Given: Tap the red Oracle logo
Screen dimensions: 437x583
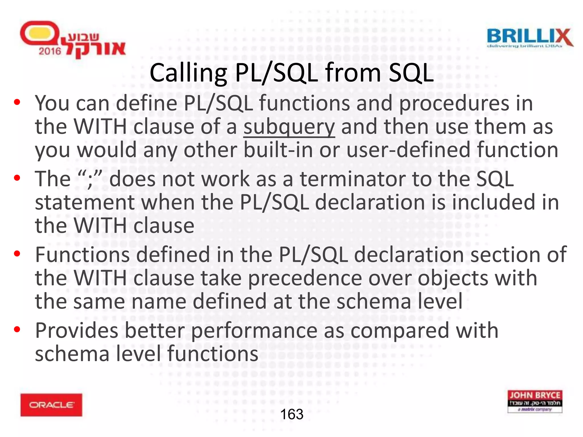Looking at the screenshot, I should click(x=51, y=405).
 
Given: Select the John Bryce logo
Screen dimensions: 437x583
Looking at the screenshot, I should click(x=535, y=401).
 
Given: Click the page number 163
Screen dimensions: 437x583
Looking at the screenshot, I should click(x=292, y=414).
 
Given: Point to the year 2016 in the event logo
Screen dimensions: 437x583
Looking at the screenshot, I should click(x=50, y=51).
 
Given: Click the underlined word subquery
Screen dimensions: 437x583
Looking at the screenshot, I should click(x=289, y=127).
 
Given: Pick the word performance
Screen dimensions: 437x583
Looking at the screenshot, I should click(x=254, y=331).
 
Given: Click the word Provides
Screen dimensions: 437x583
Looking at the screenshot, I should click(x=77, y=331).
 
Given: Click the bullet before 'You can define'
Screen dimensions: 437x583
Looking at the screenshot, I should click(x=17, y=102).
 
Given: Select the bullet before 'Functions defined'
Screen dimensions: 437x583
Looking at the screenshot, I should click(x=17, y=253).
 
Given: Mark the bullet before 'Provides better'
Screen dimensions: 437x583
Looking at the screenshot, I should click(x=17, y=329).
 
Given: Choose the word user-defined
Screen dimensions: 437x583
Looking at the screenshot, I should click(x=408, y=150).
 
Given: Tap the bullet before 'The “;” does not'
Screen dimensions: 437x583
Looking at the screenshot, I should click(x=17, y=178).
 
